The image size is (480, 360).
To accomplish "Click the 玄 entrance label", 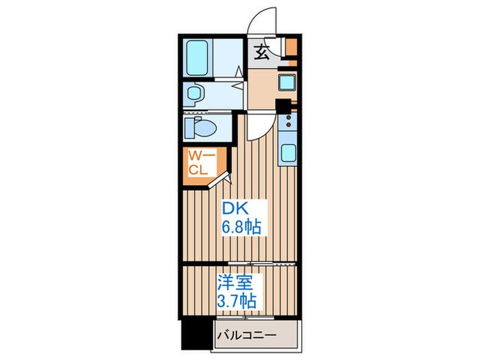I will [263, 52].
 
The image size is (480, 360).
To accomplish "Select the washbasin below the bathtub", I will [195, 93].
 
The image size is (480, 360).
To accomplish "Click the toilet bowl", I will [203, 128].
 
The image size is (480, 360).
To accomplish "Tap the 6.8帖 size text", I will [240, 227].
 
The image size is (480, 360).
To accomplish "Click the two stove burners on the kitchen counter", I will [288, 123].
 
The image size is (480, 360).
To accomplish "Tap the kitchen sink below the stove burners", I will [287, 154].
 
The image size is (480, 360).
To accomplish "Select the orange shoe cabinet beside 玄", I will [291, 49].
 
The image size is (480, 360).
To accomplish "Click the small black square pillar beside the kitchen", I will [282, 106].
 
